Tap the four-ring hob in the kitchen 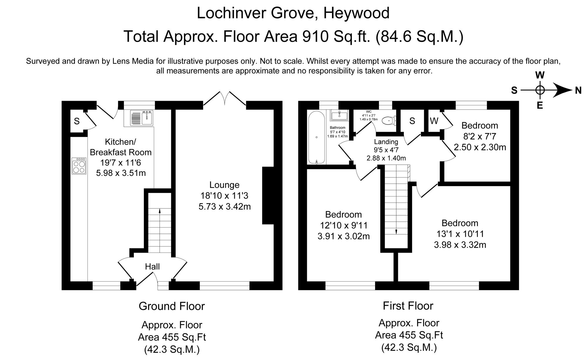[x=79, y=166]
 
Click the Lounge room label [x=224, y=185]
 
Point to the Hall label [x=152, y=267]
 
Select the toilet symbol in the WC [x=389, y=120]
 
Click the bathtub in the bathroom [x=316, y=137]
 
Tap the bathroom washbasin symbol [x=339, y=115]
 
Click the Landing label [x=386, y=142]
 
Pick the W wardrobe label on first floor [x=434, y=121]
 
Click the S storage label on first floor [x=412, y=121]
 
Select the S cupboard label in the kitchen [x=77, y=121]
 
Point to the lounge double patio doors [x=225, y=99]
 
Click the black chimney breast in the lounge [x=268, y=196]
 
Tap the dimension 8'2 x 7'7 [x=480, y=136]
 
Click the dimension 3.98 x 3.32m [x=460, y=245]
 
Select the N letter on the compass [x=578, y=90]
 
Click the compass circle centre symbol [x=540, y=90]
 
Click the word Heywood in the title [x=356, y=13]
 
